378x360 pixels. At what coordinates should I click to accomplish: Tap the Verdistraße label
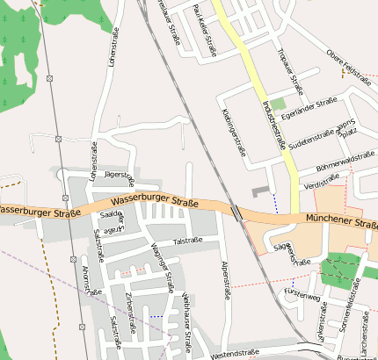(320, 185)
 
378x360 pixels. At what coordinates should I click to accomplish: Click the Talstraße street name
(187, 241)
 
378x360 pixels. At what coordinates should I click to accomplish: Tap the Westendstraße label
(236, 353)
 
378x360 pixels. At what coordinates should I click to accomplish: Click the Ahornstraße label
(86, 280)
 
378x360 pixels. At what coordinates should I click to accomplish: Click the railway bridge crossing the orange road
(237, 212)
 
